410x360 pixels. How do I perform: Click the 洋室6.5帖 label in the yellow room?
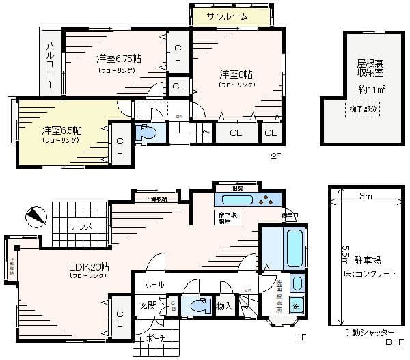[61, 130]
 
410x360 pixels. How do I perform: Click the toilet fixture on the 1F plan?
[199, 306]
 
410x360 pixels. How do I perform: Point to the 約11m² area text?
[372, 89]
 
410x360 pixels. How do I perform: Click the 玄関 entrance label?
[150, 305]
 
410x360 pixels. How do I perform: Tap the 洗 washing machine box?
[296, 305]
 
